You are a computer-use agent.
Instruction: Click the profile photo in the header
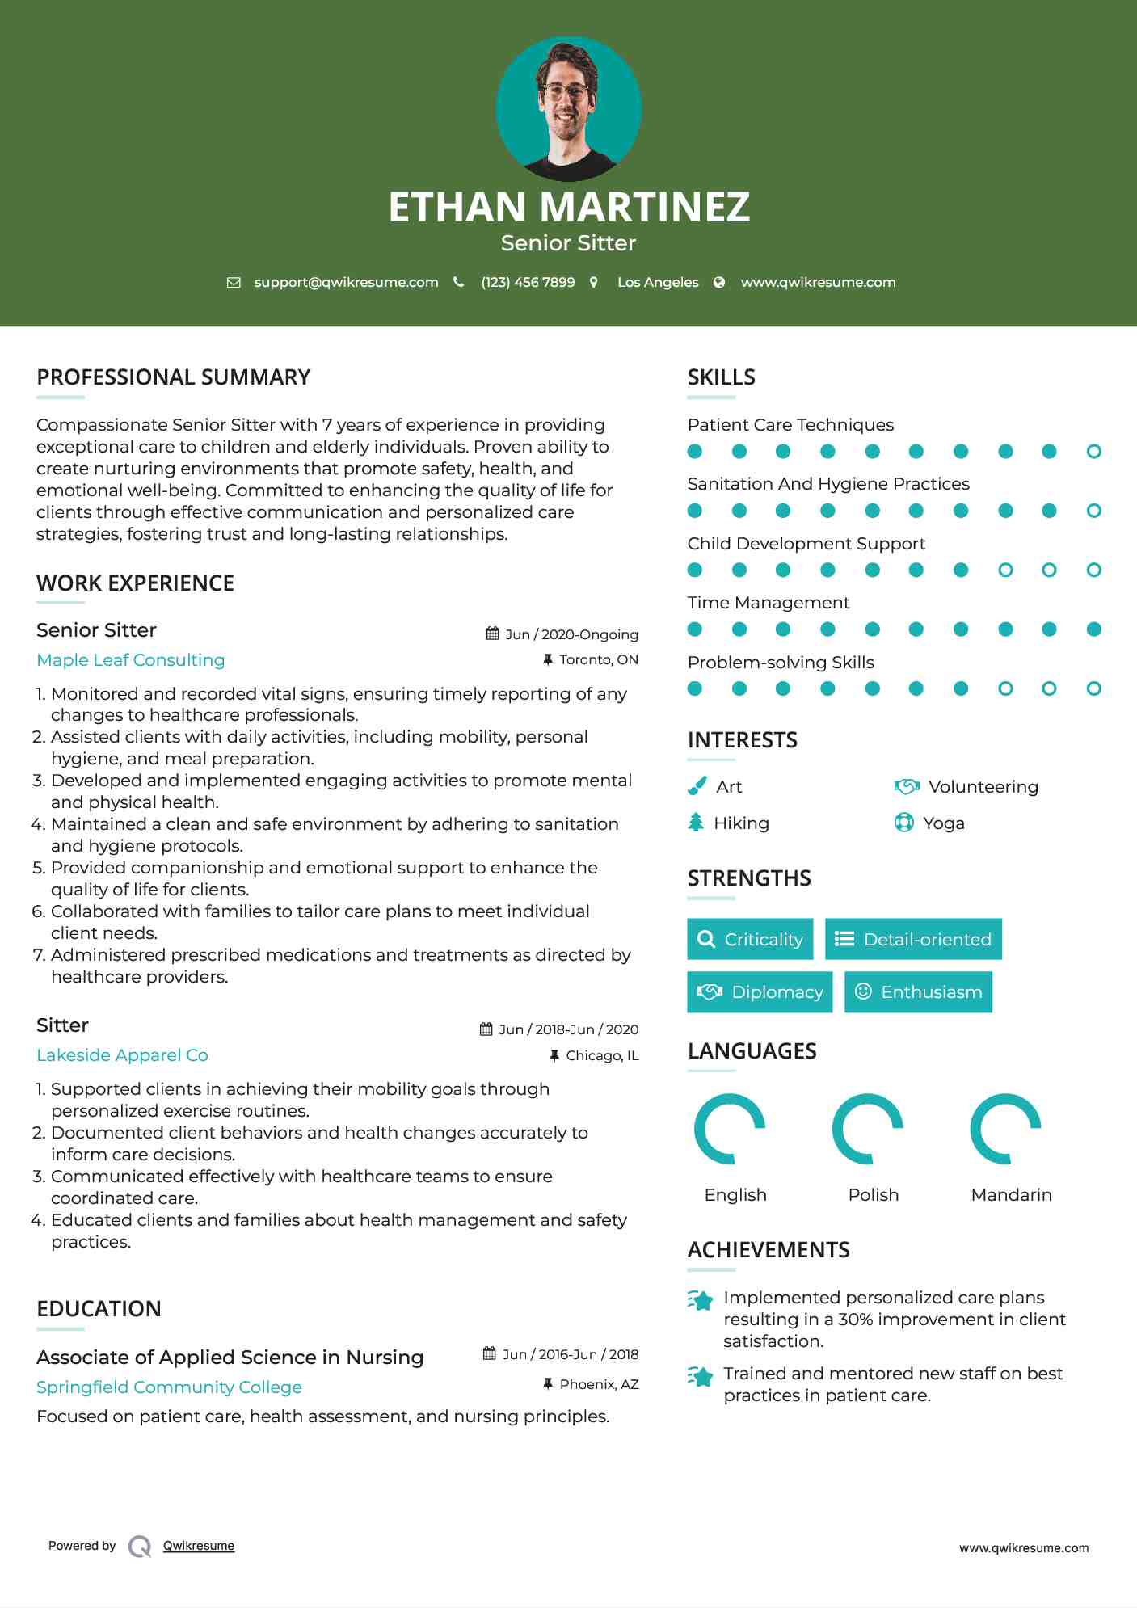(x=568, y=108)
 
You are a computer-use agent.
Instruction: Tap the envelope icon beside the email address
(x=234, y=283)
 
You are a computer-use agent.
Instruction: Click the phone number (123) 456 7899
(x=528, y=283)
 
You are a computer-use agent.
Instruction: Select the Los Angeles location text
(x=657, y=283)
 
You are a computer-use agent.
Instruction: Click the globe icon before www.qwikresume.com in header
(x=719, y=283)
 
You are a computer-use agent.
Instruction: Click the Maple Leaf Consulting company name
(x=131, y=660)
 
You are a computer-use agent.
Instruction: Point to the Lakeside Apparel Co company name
(x=122, y=1055)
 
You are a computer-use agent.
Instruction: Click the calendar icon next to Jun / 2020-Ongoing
(x=492, y=634)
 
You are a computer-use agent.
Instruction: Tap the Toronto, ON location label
(x=598, y=660)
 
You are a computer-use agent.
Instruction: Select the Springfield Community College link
(x=169, y=1387)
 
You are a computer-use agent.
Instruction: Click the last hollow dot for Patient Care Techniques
(x=1093, y=452)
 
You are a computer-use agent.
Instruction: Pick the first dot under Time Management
(x=694, y=629)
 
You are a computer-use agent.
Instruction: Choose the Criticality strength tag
(x=750, y=939)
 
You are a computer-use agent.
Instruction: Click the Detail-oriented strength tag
(x=913, y=939)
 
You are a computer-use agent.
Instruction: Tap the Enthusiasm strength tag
(x=918, y=992)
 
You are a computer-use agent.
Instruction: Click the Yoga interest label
(x=943, y=823)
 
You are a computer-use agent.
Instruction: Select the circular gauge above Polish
(x=868, y=1129)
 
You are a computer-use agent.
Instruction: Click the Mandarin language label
(x=1011, y=1195)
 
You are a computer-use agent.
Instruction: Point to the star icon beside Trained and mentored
(x=701, y=1376)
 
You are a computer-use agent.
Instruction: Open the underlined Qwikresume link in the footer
(x=199, y=1546)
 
